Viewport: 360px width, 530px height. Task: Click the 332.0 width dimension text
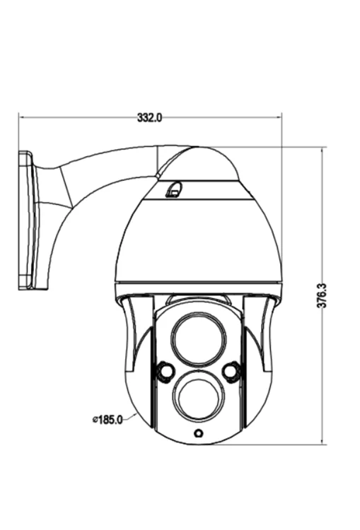point(149,117)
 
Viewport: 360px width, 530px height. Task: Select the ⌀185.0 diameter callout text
point(108,420)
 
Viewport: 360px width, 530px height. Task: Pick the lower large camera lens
point(198,397)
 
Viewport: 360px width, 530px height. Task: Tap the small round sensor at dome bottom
point(198,433)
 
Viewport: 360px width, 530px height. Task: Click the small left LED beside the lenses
point(166,372)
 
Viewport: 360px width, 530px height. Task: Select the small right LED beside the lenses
point(231,371)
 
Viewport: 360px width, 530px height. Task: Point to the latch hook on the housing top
point(173,190)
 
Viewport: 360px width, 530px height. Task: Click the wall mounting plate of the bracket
point(26,220)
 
